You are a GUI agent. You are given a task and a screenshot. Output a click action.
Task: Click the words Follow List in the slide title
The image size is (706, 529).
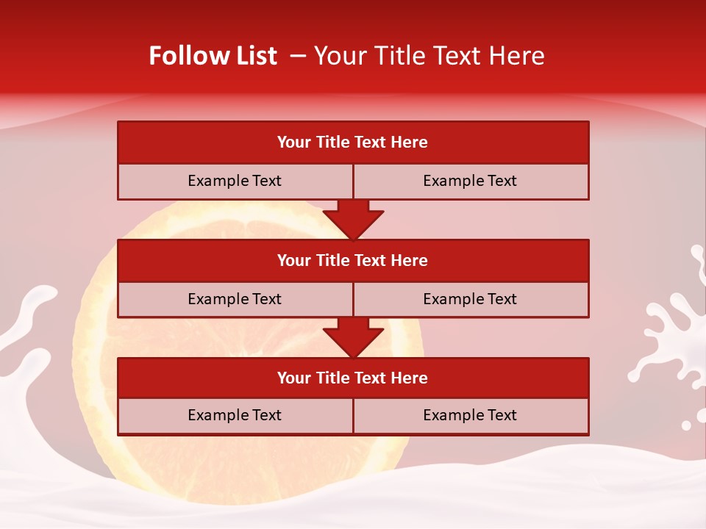(213, 56)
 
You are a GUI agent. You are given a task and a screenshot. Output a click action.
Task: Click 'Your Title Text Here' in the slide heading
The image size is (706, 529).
(429, 56)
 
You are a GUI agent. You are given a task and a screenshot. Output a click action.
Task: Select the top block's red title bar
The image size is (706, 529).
(353, 143)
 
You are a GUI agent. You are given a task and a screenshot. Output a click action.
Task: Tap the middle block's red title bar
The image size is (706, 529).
(353, 260)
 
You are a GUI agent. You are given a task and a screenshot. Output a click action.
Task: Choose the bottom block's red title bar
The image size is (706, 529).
(353, 378)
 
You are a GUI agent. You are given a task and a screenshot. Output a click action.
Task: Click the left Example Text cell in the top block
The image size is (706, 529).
(235, 181)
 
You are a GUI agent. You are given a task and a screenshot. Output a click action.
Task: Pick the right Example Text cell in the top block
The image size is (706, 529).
(470, 181)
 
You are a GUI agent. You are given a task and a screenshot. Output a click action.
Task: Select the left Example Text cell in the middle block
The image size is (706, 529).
(235, 299)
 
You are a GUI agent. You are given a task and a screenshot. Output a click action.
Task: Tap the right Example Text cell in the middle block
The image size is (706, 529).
(470, 299)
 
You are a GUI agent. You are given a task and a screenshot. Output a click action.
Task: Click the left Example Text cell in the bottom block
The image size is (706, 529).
(235, 415)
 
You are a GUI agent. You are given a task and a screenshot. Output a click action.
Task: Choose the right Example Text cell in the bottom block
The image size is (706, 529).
(470, 415)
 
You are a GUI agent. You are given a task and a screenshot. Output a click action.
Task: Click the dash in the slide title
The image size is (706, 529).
(298, 56)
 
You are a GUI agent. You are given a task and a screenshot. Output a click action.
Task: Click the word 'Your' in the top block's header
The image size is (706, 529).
(294, 143)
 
